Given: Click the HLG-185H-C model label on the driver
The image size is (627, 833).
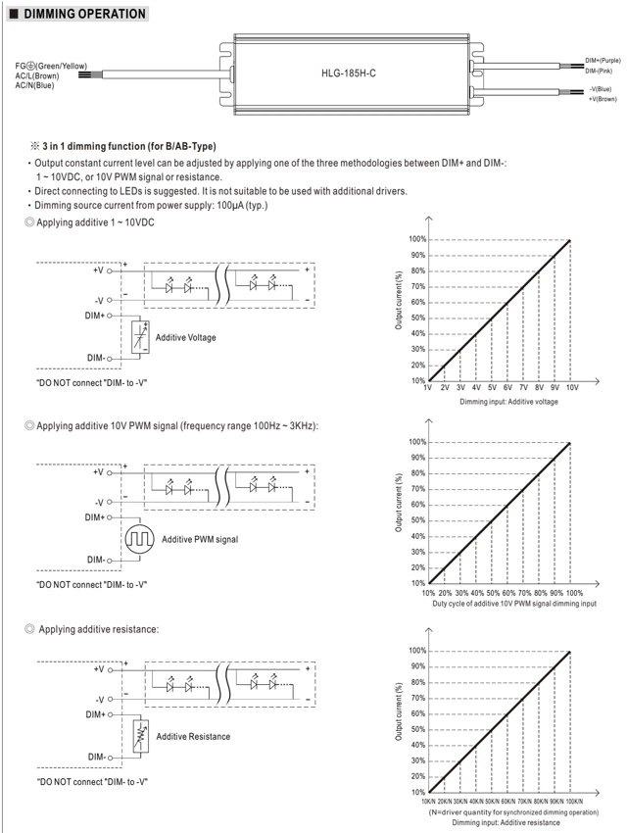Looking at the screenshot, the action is pyautogui.click(x=348, y=73).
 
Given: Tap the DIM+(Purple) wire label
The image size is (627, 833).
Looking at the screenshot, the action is pyautogui.click(x=603, y=61).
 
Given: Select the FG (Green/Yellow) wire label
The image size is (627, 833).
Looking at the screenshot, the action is pyautogui.click(x=51, y=66).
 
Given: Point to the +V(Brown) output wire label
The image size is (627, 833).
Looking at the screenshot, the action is pyautogui.click(x=603, y=99).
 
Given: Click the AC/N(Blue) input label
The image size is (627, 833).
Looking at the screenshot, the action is pyautogui.click(x=34, y=85).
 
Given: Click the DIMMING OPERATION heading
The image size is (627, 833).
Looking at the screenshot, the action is pyautogui.click(x=84, y=14).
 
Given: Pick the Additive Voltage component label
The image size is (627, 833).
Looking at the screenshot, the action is pyautogui.click(x=186, y=337).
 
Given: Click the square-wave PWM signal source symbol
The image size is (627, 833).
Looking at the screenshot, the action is pyautogui.click(x=140, y=539).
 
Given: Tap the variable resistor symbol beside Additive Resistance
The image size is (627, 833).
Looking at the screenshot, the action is pyautogui.click(x=141, y=736).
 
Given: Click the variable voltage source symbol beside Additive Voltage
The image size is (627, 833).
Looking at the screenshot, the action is pyautogui.click(x=140, y=337).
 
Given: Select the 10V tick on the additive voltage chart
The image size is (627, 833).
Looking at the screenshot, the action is pyautogui.click(x=572, y=388).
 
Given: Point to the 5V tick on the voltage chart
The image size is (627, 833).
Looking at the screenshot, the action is pyautogui.click(x=492, y=388).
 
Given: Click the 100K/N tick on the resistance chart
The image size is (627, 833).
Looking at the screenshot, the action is pyautogui.click(x=574, y=801).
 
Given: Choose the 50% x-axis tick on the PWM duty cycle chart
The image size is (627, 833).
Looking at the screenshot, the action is pyautogui.click(x=493, y=593).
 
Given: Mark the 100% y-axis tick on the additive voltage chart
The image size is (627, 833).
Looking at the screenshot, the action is pyautogui.click(x=417, y=239).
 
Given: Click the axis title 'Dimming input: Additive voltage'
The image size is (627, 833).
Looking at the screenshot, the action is pyautogui.click(x=508, y=402).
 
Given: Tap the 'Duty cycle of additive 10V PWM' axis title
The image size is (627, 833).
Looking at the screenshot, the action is pyautogui.click(x=514, y=604).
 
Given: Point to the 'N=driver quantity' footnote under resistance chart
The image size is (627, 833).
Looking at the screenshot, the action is pyautogui.click(x=513, y=812).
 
